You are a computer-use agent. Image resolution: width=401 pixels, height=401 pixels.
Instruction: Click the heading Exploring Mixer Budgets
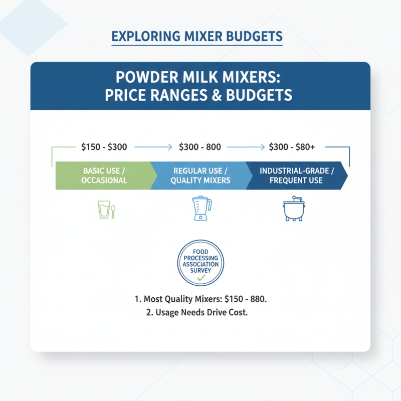pyautogui.click(x=196, y=37)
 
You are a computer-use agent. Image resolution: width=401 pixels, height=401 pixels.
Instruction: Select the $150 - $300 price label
pyautogui.click(x=104, y=147)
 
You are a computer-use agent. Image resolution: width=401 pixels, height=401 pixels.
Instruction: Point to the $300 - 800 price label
pyautogui.click(x=200, y=147)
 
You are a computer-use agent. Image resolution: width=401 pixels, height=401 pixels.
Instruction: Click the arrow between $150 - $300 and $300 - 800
pyautogui.click(x=153, y=147)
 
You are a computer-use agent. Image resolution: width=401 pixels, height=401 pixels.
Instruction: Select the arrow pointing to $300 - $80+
pyautogui.click(x=247, y=147)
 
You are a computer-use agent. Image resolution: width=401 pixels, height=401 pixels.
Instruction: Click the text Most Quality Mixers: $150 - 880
pyautogui.click(x=200, y=299)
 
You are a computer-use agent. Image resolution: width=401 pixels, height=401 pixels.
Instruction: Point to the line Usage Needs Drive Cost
pyautogui.click(x=200, y=312)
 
